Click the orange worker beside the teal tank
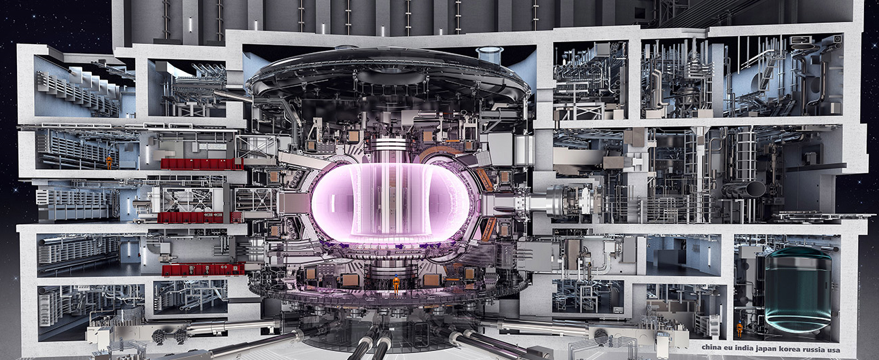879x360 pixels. [739, 329]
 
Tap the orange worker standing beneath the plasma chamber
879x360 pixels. [396, 283]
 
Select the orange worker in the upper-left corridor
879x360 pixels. [109, 162]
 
